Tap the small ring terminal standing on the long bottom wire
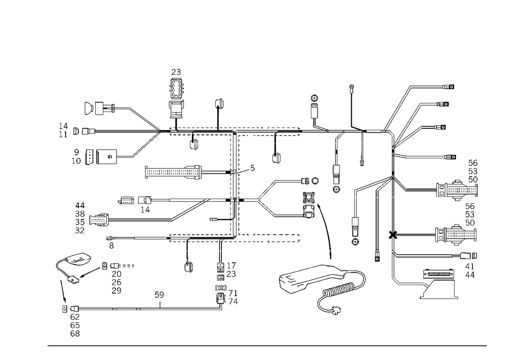[161, 295]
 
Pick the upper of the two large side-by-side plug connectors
[456, 189]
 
